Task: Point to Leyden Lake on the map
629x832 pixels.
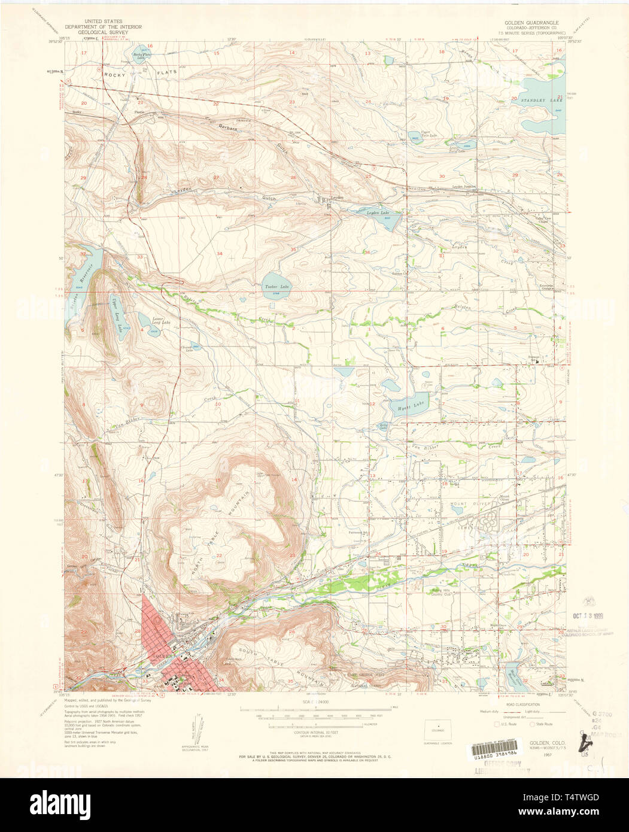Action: (x=377, y=213)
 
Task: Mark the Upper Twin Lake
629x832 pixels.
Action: (x=415, y=136)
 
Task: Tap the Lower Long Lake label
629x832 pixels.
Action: (x=158, y=323)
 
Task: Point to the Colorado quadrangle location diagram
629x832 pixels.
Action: (x=438, y=729)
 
